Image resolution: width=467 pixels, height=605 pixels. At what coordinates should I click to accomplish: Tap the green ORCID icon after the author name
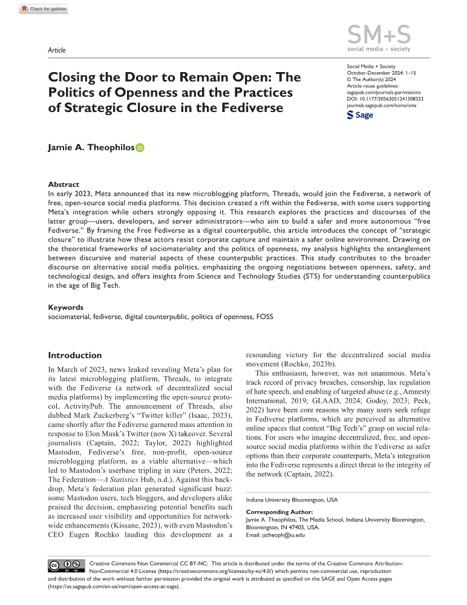(141, 147)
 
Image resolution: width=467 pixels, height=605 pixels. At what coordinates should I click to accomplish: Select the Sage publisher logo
(360, 114)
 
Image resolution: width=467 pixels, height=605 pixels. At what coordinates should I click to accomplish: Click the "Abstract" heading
(64, 185)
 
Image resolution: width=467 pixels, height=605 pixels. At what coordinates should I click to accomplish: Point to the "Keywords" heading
(66, 307)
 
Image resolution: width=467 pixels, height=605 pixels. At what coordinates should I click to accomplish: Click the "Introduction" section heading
(74, 355)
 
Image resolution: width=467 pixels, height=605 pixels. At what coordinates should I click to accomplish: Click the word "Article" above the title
(56, 50)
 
